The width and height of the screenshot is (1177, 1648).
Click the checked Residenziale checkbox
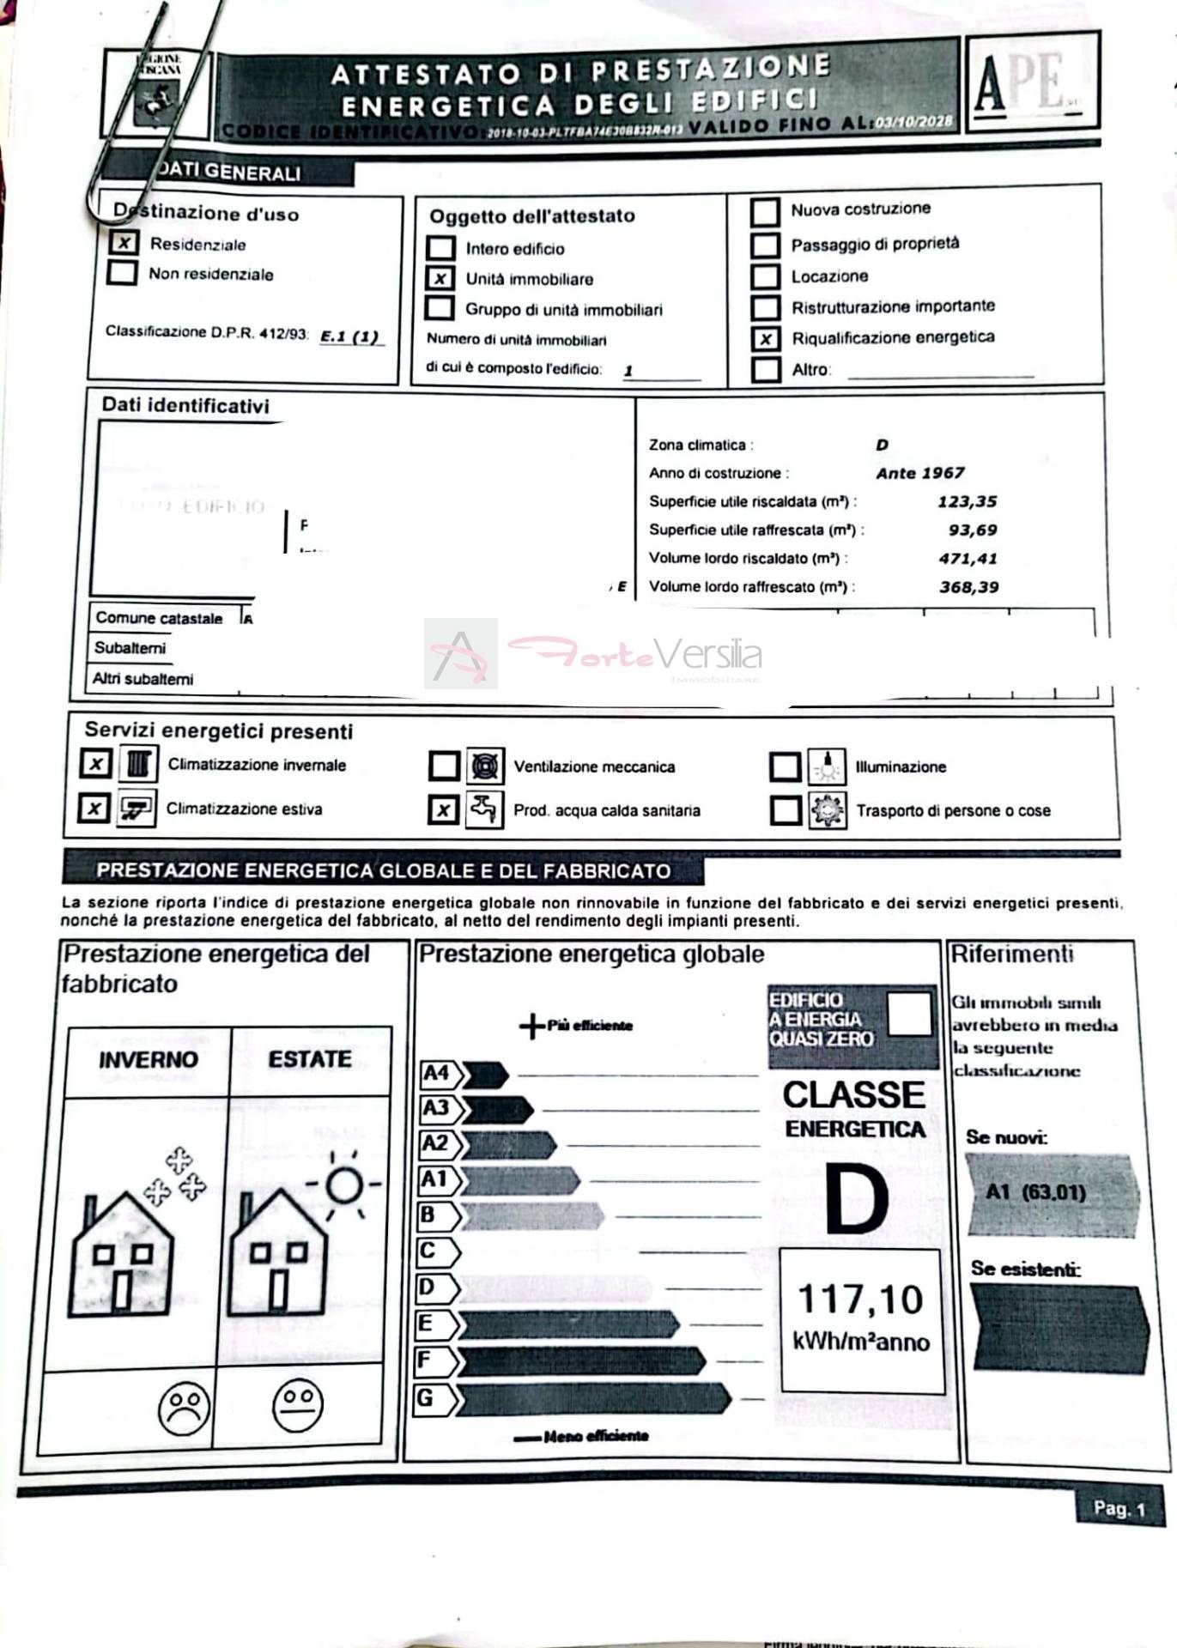pos(124,243)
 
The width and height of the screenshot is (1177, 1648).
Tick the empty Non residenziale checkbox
pos(122,273)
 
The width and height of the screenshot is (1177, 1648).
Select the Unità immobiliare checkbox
pos(440,278)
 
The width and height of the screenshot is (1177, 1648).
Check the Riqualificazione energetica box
pos(765,338)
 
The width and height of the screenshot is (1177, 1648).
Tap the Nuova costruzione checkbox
pos(765,211)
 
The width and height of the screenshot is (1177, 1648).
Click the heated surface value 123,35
pos(967,501)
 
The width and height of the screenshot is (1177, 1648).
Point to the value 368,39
pos(968,587)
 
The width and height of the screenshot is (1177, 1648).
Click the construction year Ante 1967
pos(919,473)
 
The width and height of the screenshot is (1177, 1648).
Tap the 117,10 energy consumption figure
pos(860,1300)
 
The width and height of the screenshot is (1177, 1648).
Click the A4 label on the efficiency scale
pos(436,1073)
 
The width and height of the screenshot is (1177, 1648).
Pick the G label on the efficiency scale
pos(426,1398)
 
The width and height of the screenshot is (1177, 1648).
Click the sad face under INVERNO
pos(184,1407)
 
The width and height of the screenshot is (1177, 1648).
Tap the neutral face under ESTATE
pos(298,1405)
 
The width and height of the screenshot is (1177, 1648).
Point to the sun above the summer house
pos(345,1185)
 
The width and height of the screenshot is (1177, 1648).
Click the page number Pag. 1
pos(1119,1508)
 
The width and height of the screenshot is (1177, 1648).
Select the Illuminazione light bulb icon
pos(826,766)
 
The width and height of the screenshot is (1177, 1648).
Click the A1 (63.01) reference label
pos(1035,1192)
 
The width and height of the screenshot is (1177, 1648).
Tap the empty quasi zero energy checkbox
pos(909,1014)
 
